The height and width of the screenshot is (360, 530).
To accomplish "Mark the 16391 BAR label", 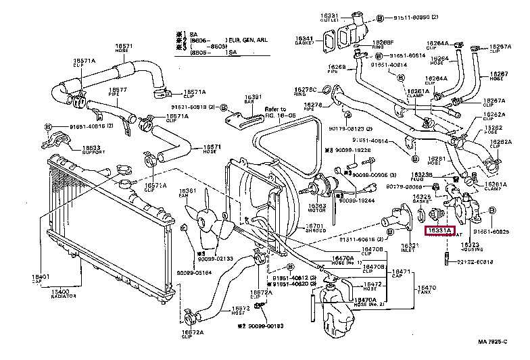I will point(253,99).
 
